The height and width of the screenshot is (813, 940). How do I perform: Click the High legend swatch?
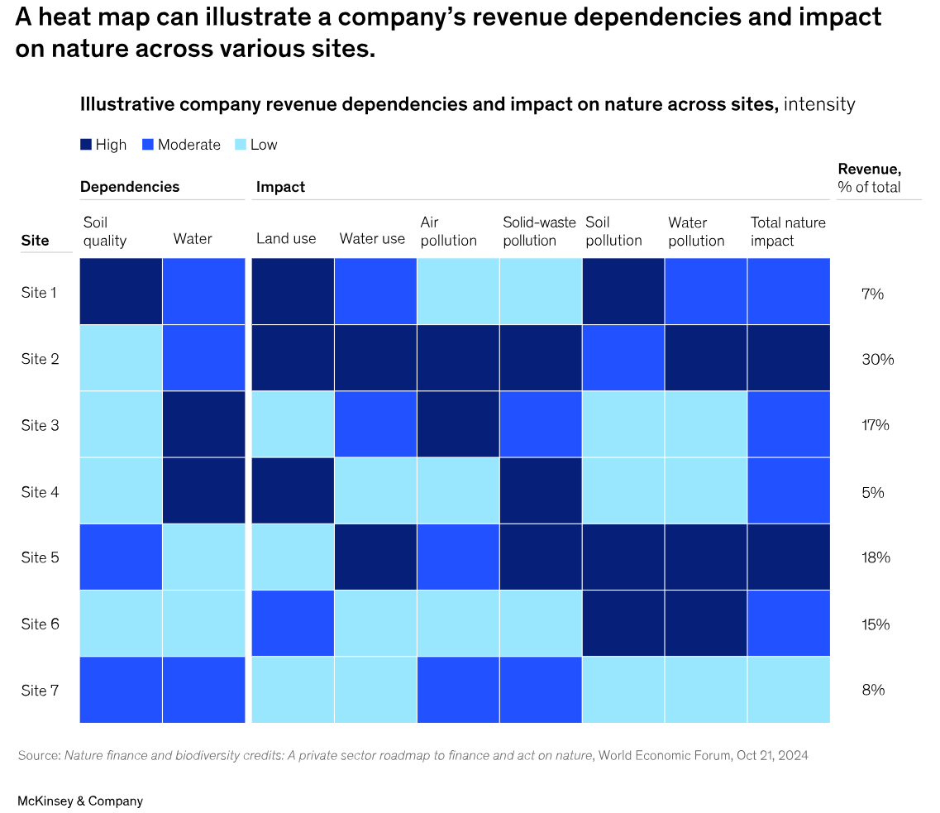coord(85,145)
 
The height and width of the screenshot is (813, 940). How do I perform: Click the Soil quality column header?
coord(105,232)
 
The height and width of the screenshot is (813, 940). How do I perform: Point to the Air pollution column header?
coord(448,232)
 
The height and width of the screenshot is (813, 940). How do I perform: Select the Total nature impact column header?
coord(788,232)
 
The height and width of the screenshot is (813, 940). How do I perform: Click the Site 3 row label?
coord(40,425)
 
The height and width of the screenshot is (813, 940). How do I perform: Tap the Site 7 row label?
coord(40,690)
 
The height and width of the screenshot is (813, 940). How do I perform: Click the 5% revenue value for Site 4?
coord(872,492)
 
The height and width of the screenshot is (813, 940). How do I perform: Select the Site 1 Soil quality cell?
coord(121,291)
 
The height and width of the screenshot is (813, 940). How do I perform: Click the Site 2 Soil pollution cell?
coord(623,357)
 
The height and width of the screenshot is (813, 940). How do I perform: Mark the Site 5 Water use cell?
coord(375,557)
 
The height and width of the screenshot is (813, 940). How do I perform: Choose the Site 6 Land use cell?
coord(293,623)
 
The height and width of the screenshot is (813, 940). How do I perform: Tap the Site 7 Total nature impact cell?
coord(789,689)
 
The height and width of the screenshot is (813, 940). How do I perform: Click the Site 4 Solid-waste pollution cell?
coord(541,490)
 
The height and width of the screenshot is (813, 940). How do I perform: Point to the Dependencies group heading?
coord(130,187)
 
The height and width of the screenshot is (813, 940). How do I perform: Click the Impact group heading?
coord(280,187)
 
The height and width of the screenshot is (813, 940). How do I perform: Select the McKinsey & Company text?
coord(80,801)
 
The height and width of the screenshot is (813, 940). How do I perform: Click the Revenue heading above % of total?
coord(869,169)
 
